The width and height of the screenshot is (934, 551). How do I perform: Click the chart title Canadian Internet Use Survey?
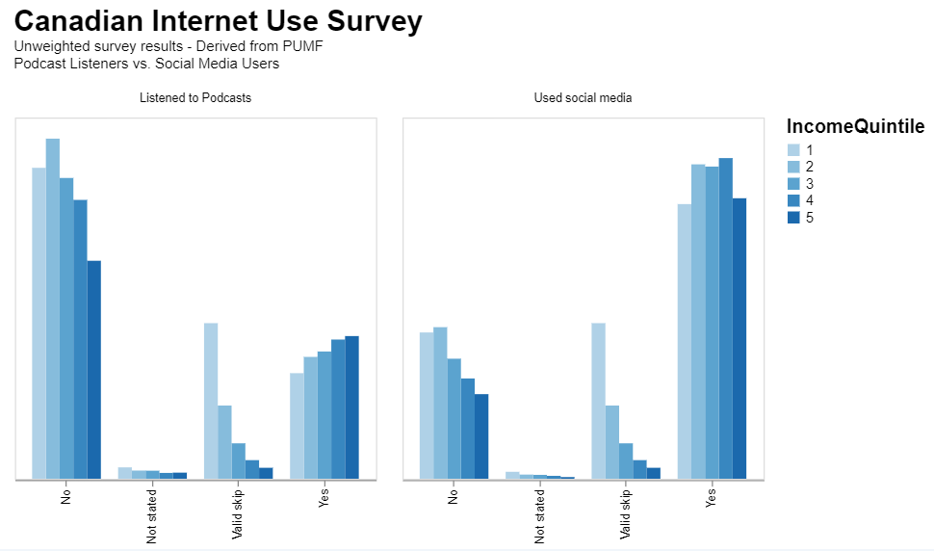218,21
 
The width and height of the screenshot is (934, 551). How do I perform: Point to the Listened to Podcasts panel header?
195,97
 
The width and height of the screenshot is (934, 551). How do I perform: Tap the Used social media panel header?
583,97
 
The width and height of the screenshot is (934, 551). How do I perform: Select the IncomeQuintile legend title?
855,127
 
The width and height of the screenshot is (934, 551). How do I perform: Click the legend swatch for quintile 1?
793,150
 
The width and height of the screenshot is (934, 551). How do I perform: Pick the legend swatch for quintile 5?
793,218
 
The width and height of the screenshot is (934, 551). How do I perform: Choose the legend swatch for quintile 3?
793,184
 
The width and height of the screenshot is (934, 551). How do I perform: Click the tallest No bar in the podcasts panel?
53,308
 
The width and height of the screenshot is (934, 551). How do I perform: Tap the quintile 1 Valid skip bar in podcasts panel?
211,401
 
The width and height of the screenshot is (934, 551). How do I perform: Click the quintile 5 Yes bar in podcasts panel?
351,407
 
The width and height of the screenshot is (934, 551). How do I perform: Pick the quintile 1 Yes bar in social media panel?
684,341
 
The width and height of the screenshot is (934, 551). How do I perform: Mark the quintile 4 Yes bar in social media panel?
725,318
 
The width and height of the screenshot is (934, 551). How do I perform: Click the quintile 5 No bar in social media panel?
481,435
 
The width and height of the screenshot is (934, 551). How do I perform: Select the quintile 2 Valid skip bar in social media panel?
611,441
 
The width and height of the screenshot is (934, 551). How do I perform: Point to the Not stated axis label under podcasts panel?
152,516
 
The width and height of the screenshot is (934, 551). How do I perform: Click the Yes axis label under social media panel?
712,500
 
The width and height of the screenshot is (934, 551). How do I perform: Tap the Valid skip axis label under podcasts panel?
237,514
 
